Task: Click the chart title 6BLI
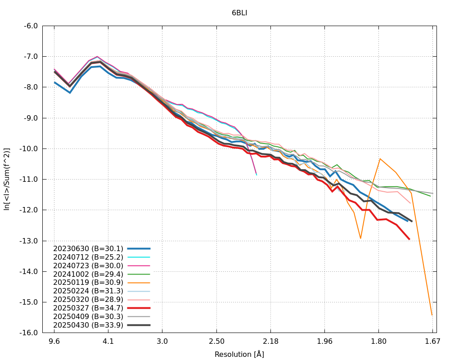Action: pos(239,13)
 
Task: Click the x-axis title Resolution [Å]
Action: pos(239,354)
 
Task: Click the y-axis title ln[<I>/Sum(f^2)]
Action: pos(7,179)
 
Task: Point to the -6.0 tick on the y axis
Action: pos(30,26)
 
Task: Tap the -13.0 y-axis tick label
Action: pos(29,241)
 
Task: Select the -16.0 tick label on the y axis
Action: pos(29,333)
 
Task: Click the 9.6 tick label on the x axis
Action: pos(54,342)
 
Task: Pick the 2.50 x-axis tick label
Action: pos(216,342)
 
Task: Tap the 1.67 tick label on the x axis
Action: pos(432,342)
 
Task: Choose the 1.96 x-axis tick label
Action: pos(324,342)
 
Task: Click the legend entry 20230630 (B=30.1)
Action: pos(88,248)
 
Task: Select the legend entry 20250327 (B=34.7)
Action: pos(88,308)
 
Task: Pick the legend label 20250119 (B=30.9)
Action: pos(88,282)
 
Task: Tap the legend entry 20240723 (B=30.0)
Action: pos(88,265)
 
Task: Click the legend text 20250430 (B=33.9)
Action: pos(88,324)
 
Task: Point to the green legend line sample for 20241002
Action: pos(139,274)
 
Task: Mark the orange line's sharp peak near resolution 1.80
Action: pos(380,158)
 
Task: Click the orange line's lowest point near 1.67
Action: pos(432,315)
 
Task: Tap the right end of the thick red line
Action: pos(409,239)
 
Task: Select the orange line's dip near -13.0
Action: pos(360,238)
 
